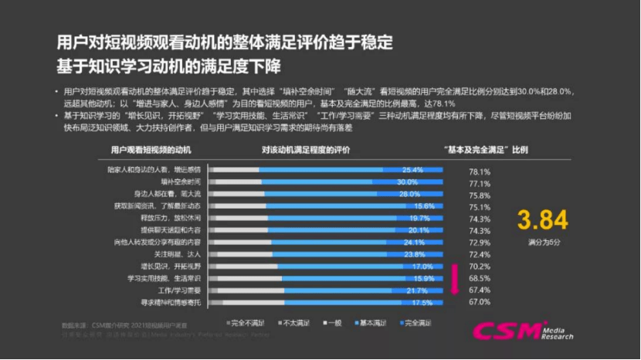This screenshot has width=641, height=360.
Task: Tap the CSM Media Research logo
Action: coord(521,331)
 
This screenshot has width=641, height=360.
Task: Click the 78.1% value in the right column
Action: coord(480,171)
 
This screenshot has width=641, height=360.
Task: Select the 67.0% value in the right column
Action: coord(480,302)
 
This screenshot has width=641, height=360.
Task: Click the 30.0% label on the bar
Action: coord(407,182)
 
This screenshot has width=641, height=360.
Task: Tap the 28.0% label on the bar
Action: coord(409,194)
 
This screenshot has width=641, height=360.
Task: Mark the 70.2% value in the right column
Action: coord(480,267)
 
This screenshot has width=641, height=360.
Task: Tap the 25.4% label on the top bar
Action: coord(412,170)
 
